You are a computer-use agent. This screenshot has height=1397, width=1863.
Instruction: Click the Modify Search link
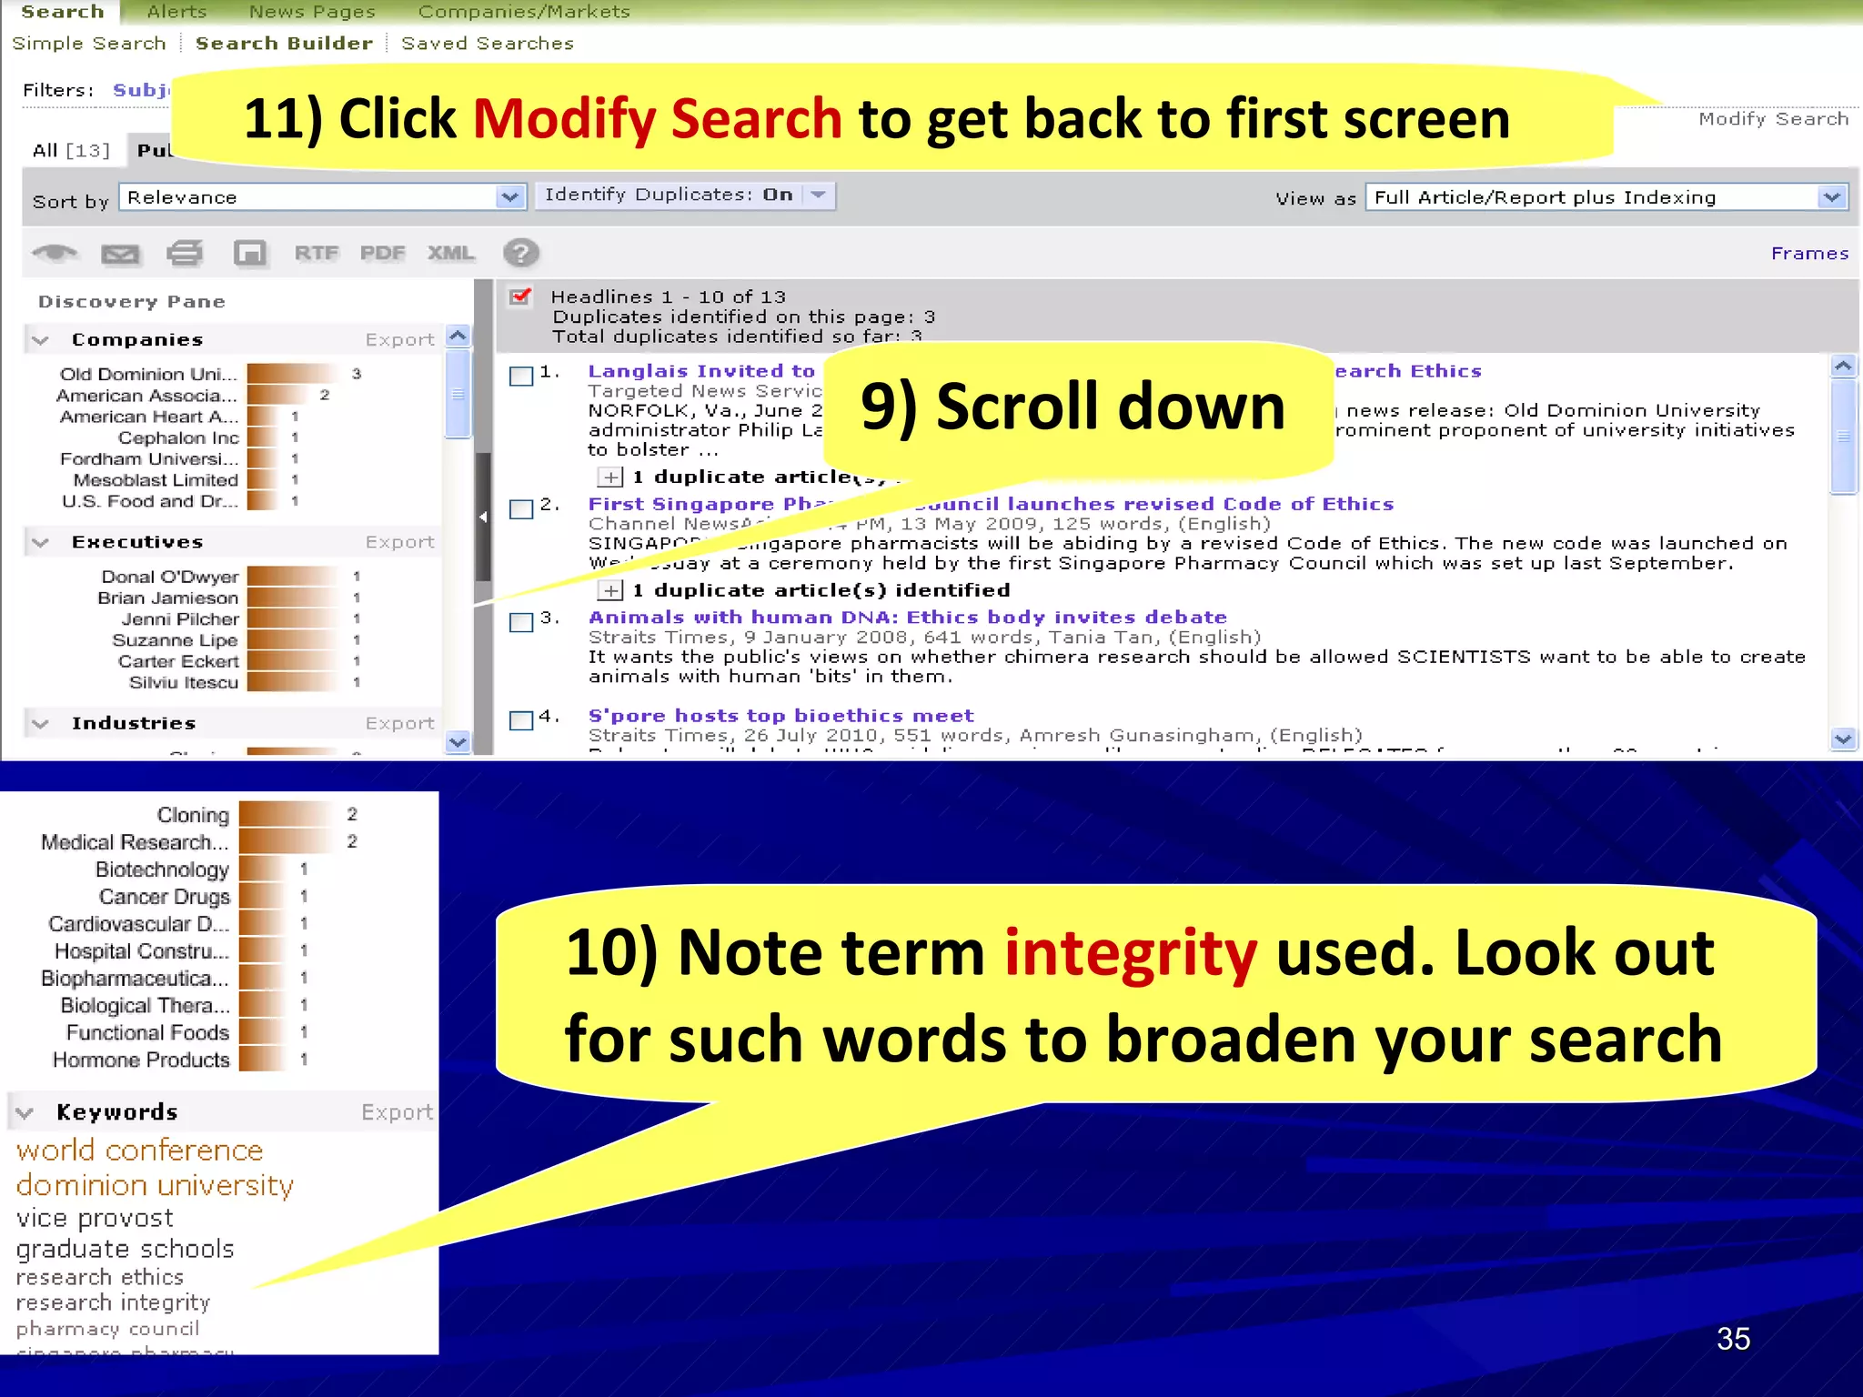[1773, 119]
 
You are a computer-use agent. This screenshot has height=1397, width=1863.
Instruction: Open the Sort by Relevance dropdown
[322, 197]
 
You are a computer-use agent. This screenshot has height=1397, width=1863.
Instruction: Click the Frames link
[1808, 254]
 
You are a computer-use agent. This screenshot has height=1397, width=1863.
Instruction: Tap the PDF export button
[382, 254]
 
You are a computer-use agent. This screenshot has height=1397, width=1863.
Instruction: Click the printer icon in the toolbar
[185, 254]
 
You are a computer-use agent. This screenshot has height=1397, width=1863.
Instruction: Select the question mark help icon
[521, 253]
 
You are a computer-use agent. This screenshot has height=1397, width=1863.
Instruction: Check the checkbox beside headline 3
[521, 622]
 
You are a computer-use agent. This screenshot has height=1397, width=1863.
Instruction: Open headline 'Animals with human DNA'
[907, 618]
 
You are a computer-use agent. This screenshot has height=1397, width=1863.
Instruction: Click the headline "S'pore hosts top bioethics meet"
[780, 716]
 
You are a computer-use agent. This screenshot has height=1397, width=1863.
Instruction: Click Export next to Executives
[399, 542]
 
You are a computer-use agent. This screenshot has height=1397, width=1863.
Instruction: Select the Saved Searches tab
[487, 44]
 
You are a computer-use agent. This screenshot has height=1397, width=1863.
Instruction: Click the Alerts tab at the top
[176, 12]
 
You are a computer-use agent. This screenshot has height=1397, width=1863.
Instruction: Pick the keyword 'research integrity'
[113, 1302]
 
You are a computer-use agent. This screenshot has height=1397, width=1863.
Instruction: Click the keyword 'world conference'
[139, 1151]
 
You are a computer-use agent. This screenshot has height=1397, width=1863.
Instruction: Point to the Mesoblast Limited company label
[155, 480]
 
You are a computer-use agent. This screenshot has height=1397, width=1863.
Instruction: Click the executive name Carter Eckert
[178, 661]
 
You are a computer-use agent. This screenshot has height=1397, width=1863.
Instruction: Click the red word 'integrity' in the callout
[1130, 952]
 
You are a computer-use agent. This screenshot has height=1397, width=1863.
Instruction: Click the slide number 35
[1732, 1339]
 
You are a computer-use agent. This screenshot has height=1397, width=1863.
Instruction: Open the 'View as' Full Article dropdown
[1606, 197]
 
